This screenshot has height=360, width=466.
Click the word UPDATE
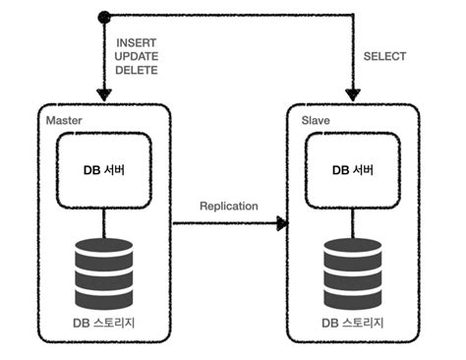[x=136, y=58]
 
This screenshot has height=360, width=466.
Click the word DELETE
[x=136, y=72]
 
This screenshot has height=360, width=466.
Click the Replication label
[x=228, y=206]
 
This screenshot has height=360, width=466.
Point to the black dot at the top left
[x=103, y=16]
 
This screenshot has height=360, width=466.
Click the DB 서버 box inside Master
[x=103, y=168]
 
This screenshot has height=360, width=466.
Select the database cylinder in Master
[x=103, y=271]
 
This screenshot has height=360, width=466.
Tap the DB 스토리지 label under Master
[x=103, y=323]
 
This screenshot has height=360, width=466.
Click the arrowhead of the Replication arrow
[x=283, y=224]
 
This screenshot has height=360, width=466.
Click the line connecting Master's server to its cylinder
[x=103, y=222]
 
